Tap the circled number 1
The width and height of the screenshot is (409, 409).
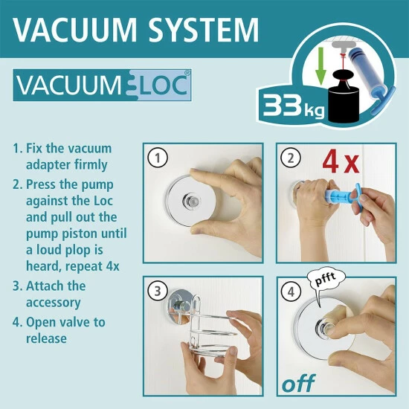click(x=156, y=158)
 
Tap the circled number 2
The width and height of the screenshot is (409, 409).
click(x=290, y=158)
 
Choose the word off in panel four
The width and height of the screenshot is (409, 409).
click(x=297, y=384)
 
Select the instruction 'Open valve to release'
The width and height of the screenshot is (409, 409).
click(x=65, y=330)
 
